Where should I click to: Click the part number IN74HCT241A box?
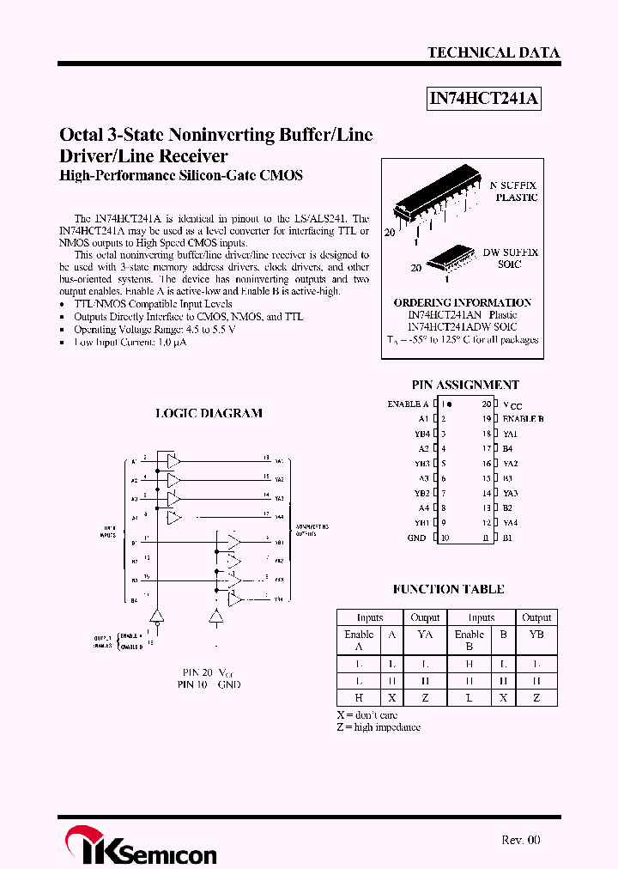click(484, 99)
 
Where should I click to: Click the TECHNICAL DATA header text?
click(494, 52)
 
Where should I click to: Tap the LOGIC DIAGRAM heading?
click(209, 413)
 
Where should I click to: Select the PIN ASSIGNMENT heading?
click(465, 386)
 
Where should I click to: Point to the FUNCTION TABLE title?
click(448, 589)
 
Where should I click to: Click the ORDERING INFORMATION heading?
click(462, 302)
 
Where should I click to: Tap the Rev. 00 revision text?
click(520, 840)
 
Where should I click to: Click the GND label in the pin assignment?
click(416, 538)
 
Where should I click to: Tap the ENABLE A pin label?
click(408, 404)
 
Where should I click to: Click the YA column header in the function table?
click(424, 635)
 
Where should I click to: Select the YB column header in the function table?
click(536, 635)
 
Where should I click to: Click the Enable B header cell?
click(469, 641)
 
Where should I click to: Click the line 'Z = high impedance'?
click(379, 727)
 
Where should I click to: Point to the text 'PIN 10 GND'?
click(209, 684)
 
